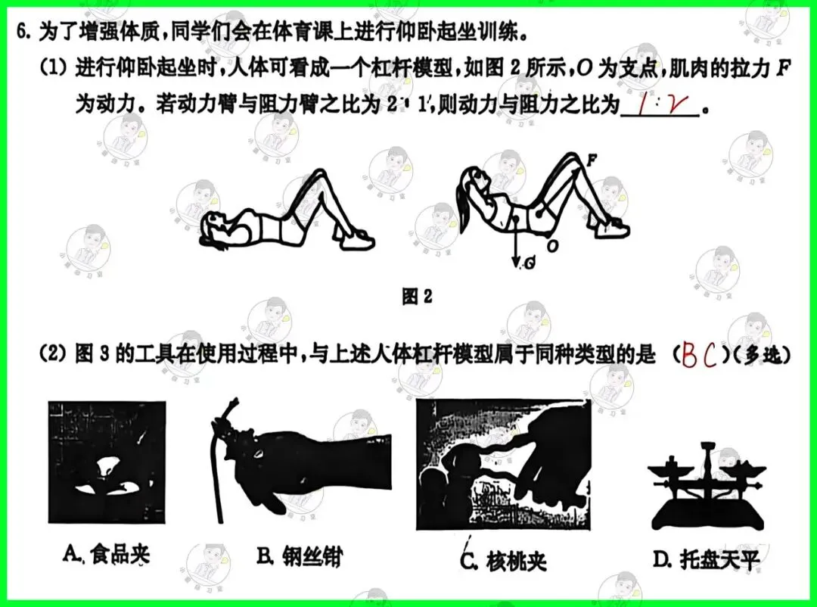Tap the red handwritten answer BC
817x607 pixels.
pos(700,356)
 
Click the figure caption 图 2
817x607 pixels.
pos(417,297)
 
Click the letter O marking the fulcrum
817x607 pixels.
pos(553,246)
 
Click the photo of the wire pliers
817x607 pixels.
pos(299,463)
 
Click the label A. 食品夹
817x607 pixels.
pos(107,555)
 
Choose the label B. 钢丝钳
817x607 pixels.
pos(299,558)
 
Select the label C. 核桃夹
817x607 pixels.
pos(504,561)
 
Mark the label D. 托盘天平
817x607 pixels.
pos(705,559)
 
